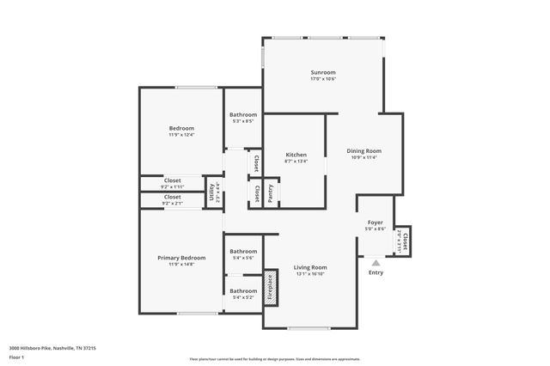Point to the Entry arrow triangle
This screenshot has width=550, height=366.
tap(376, 263)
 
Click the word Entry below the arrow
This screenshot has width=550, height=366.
tap(376, 273)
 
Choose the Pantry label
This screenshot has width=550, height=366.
tap(271, 195)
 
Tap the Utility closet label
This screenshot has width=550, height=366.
tap(211, 192)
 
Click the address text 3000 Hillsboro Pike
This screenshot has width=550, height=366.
tap(52, 348)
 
